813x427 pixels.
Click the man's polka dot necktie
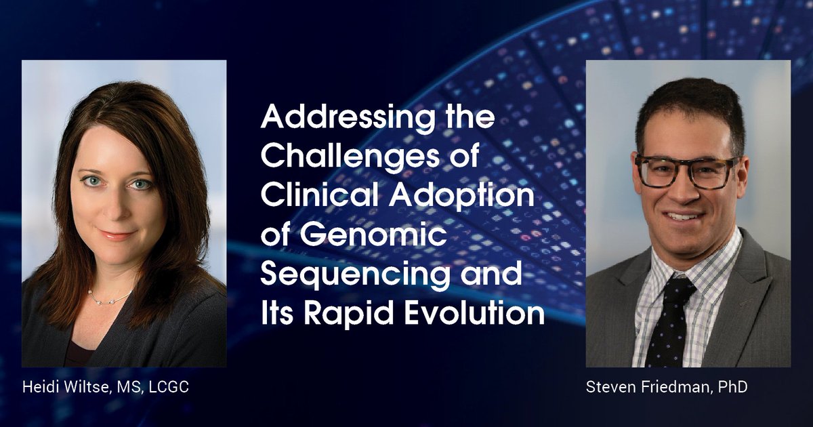click(668, 319)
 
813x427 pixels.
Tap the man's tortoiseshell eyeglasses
click(686, 171)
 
